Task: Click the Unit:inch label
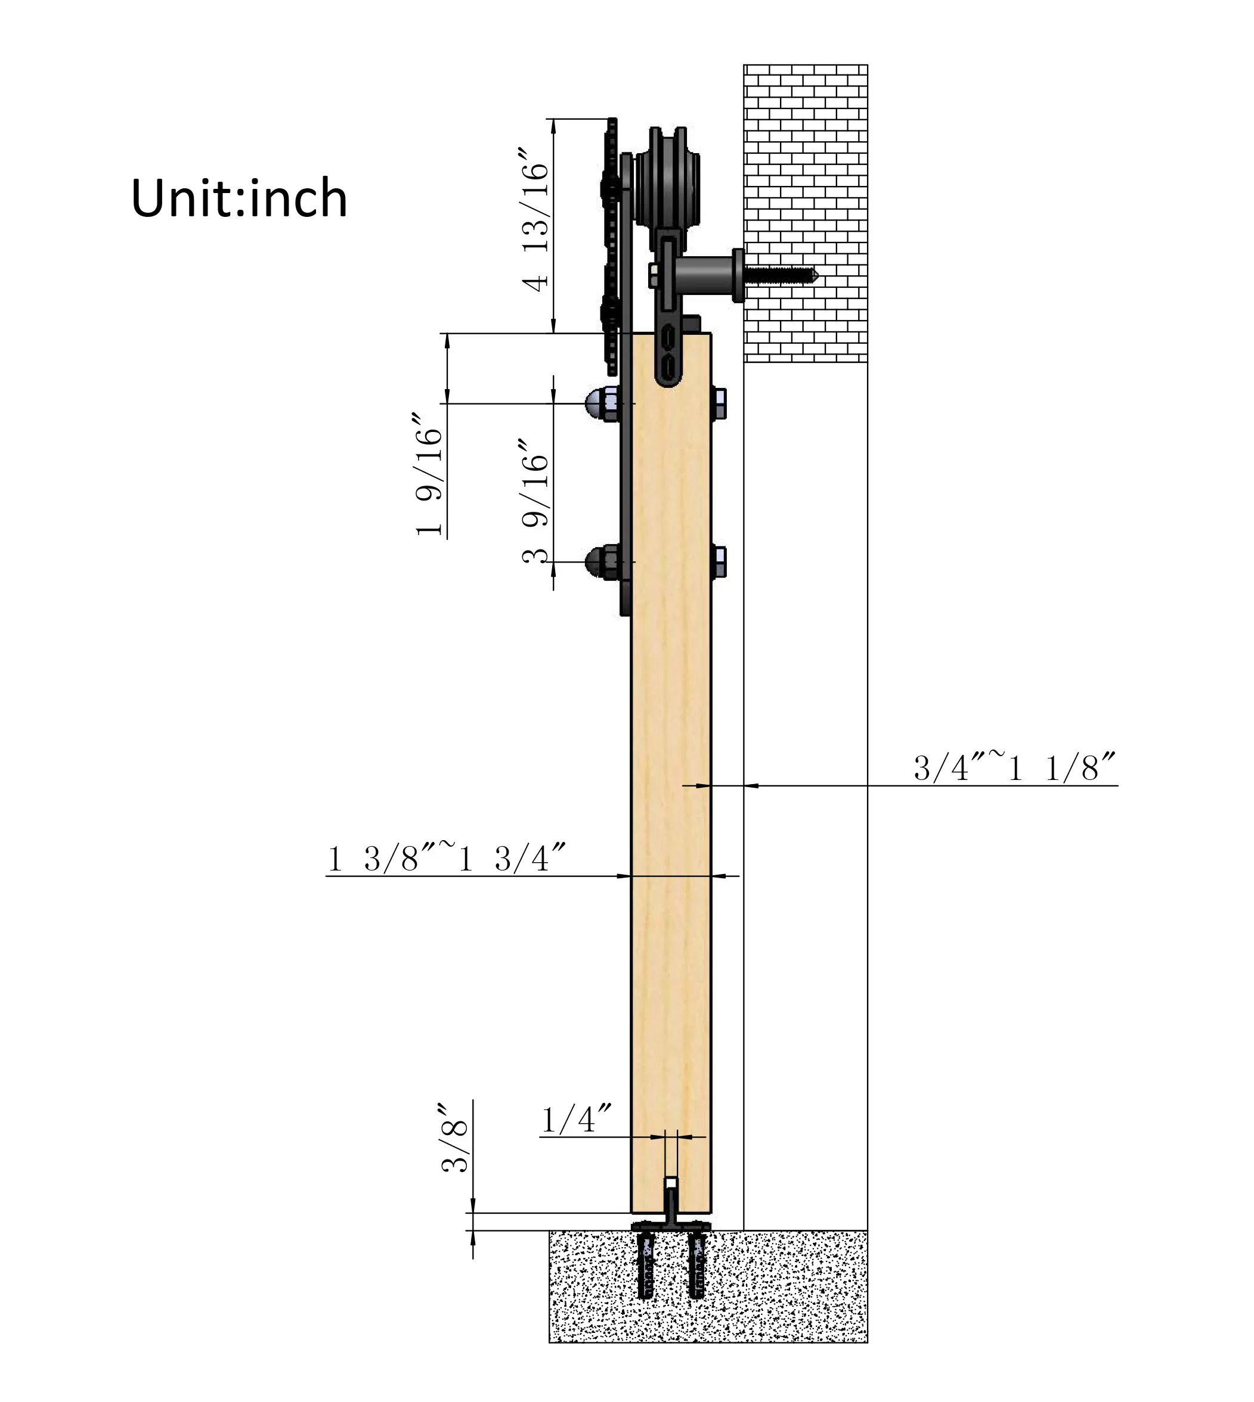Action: [239, 198]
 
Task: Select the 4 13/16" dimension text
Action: [535, 219]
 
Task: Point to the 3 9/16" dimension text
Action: [535, 501]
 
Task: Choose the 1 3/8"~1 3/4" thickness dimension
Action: [446, 859]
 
